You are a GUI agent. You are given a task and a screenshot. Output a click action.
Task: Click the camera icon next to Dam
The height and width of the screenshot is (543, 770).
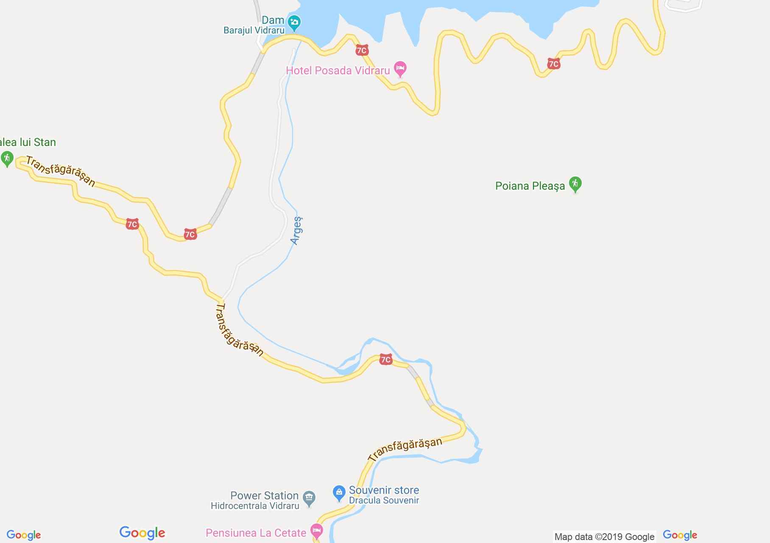(x=294, y=22)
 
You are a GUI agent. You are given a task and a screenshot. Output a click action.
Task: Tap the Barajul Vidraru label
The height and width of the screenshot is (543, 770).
(x=254, y=31)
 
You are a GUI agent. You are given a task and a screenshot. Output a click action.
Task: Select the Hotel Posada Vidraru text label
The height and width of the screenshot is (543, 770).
(x=338, y=70)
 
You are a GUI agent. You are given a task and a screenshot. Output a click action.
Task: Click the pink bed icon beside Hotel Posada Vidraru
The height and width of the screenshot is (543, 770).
(x=400, y=68)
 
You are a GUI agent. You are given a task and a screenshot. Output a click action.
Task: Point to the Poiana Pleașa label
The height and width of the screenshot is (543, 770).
(x=530, y=186)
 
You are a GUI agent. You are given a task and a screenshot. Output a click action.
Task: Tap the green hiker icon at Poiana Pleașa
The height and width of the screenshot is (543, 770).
(x=575, y=184)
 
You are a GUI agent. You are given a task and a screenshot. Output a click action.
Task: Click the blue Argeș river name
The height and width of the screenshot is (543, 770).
(x=297, y=230)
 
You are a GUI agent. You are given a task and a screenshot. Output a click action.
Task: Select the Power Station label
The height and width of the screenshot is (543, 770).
(x=264, y=495)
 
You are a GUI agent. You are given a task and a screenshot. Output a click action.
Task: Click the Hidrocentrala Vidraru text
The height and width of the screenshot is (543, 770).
(x=255, y=506)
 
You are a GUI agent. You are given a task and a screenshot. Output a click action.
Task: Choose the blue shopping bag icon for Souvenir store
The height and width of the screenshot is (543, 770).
(x=338, y=493)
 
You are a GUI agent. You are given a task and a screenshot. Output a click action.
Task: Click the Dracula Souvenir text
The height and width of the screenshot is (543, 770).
(x=384, y=501)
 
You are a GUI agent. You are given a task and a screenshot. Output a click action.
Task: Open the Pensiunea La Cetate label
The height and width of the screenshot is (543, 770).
(x=256, y=533)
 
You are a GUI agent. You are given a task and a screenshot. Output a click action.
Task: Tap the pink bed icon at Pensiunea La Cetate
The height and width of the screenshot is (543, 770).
(x=316, y=530)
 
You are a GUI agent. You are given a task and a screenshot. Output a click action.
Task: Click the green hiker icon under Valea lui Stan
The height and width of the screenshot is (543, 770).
(x=6, y=159)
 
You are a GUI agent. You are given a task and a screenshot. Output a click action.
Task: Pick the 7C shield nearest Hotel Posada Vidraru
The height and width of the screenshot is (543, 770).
(x=362, y=50)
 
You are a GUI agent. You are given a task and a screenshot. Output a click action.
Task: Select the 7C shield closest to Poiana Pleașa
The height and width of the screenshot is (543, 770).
(x=553, y=64)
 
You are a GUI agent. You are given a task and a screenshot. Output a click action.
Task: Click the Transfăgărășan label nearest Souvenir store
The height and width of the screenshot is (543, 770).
(x=405, y=449)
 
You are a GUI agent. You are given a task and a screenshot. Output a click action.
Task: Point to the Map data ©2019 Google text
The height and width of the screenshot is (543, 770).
(x=604, y=537)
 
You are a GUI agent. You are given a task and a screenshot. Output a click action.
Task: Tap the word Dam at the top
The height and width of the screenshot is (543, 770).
(x=273, y=20)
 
